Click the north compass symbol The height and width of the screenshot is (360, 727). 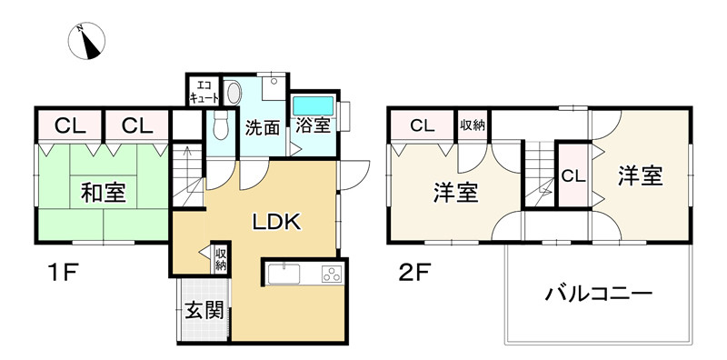coord(89,40)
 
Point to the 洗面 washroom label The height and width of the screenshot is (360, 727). coord(262,128)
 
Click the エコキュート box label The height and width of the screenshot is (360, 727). coord(204,91)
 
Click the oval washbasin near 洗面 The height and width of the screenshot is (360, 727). coord(233,93)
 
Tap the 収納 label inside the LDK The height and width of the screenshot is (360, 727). coord(221,260)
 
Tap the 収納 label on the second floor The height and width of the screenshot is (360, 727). coord(472,125)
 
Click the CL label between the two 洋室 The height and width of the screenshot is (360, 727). coord(573,175)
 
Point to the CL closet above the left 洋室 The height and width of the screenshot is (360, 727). coord(423,126)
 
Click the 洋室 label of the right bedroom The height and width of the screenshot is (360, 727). coord(642,175)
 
